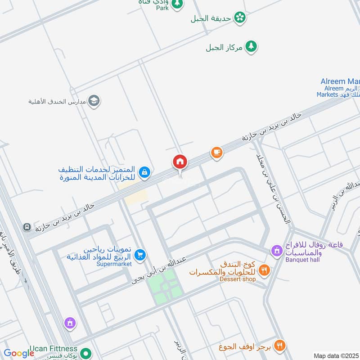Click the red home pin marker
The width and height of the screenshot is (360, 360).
point(180,162)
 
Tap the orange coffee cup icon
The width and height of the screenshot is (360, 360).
point(217,153)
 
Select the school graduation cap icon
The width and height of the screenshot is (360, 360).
point(94,100)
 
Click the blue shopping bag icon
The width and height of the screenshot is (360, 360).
point(144,172)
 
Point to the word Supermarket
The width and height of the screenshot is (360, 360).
point(114,264)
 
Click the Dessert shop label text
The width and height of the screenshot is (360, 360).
point(238,279)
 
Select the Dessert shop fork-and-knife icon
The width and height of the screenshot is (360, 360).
point(264,270)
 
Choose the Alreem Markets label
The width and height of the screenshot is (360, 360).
point(338,88)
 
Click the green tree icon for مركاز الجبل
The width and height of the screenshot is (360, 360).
point(251,47)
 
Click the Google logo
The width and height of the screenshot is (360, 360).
point(19,354)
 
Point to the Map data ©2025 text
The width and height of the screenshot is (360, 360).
point(336,355)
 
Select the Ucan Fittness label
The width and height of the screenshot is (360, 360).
point(54,349)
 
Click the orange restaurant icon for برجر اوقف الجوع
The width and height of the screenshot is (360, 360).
point(280,346)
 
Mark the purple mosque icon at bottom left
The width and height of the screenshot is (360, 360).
point(69,323)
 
